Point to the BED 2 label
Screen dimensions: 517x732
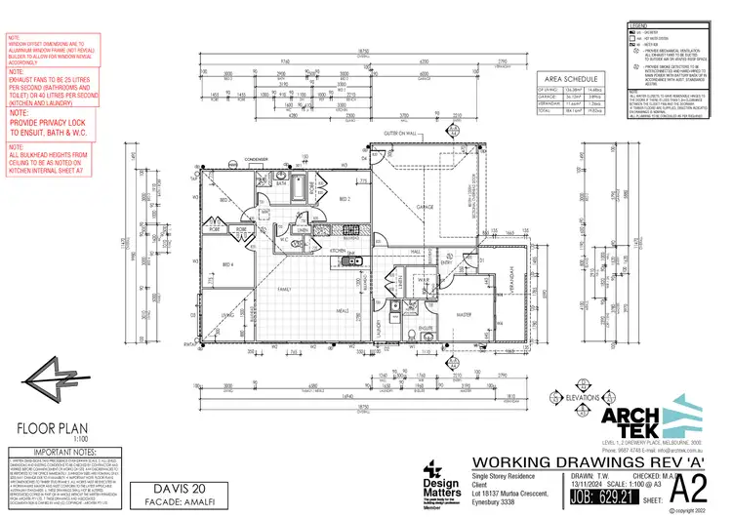[344, 199]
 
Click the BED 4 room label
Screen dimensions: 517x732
[227, 264]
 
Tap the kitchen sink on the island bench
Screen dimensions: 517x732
[357, 261]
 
